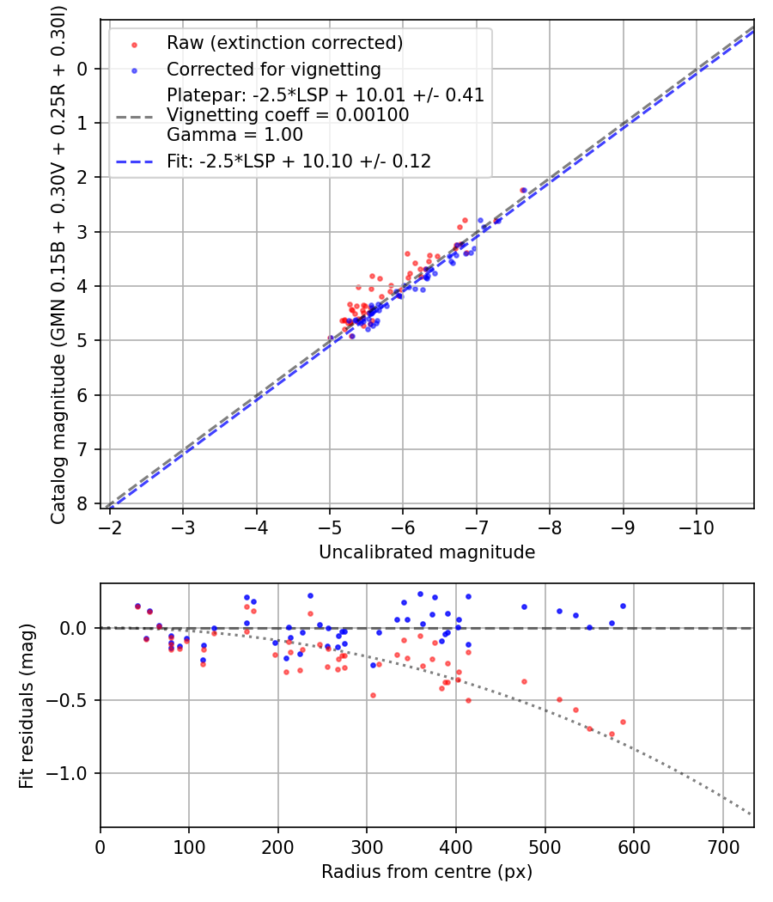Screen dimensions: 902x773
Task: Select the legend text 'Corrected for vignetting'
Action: (273, 69)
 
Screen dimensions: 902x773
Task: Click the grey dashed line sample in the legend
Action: (134, 115)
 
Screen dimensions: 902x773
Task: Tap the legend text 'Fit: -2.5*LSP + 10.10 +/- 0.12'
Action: (298, 161)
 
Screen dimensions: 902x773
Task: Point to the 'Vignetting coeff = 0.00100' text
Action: (288, 115)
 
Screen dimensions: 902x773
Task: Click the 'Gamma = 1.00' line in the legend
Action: (234, 135)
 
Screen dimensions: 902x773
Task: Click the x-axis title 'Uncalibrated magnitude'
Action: (427, 552)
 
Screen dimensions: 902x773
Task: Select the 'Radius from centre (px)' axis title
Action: (427, 872)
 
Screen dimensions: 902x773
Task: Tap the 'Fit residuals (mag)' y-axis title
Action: (27, 706)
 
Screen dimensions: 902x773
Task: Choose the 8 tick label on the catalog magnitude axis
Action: (82, 503)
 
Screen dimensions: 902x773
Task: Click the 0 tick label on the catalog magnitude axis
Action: (82, 69)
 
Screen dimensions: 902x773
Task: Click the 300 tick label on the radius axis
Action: (367, 846)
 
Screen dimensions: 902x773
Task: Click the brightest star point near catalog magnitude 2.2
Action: (523, 190)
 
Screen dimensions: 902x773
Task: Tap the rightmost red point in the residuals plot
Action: (623, 722)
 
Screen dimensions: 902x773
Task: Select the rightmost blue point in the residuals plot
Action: (623, 606)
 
